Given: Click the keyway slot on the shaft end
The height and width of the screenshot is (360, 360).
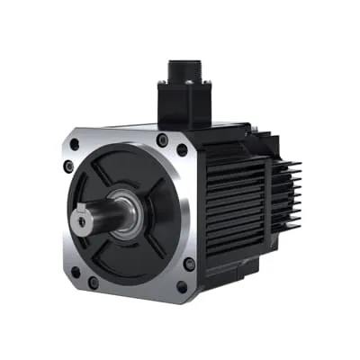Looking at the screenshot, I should point(84,216).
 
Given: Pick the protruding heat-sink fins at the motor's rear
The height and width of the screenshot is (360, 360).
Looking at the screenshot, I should point(286,193).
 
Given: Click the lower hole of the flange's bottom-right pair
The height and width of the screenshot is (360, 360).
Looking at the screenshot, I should point(182,287).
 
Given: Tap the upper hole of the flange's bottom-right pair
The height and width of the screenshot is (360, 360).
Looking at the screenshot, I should point(189,264).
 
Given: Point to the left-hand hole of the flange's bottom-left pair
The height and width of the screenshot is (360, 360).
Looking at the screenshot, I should point(75,270).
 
